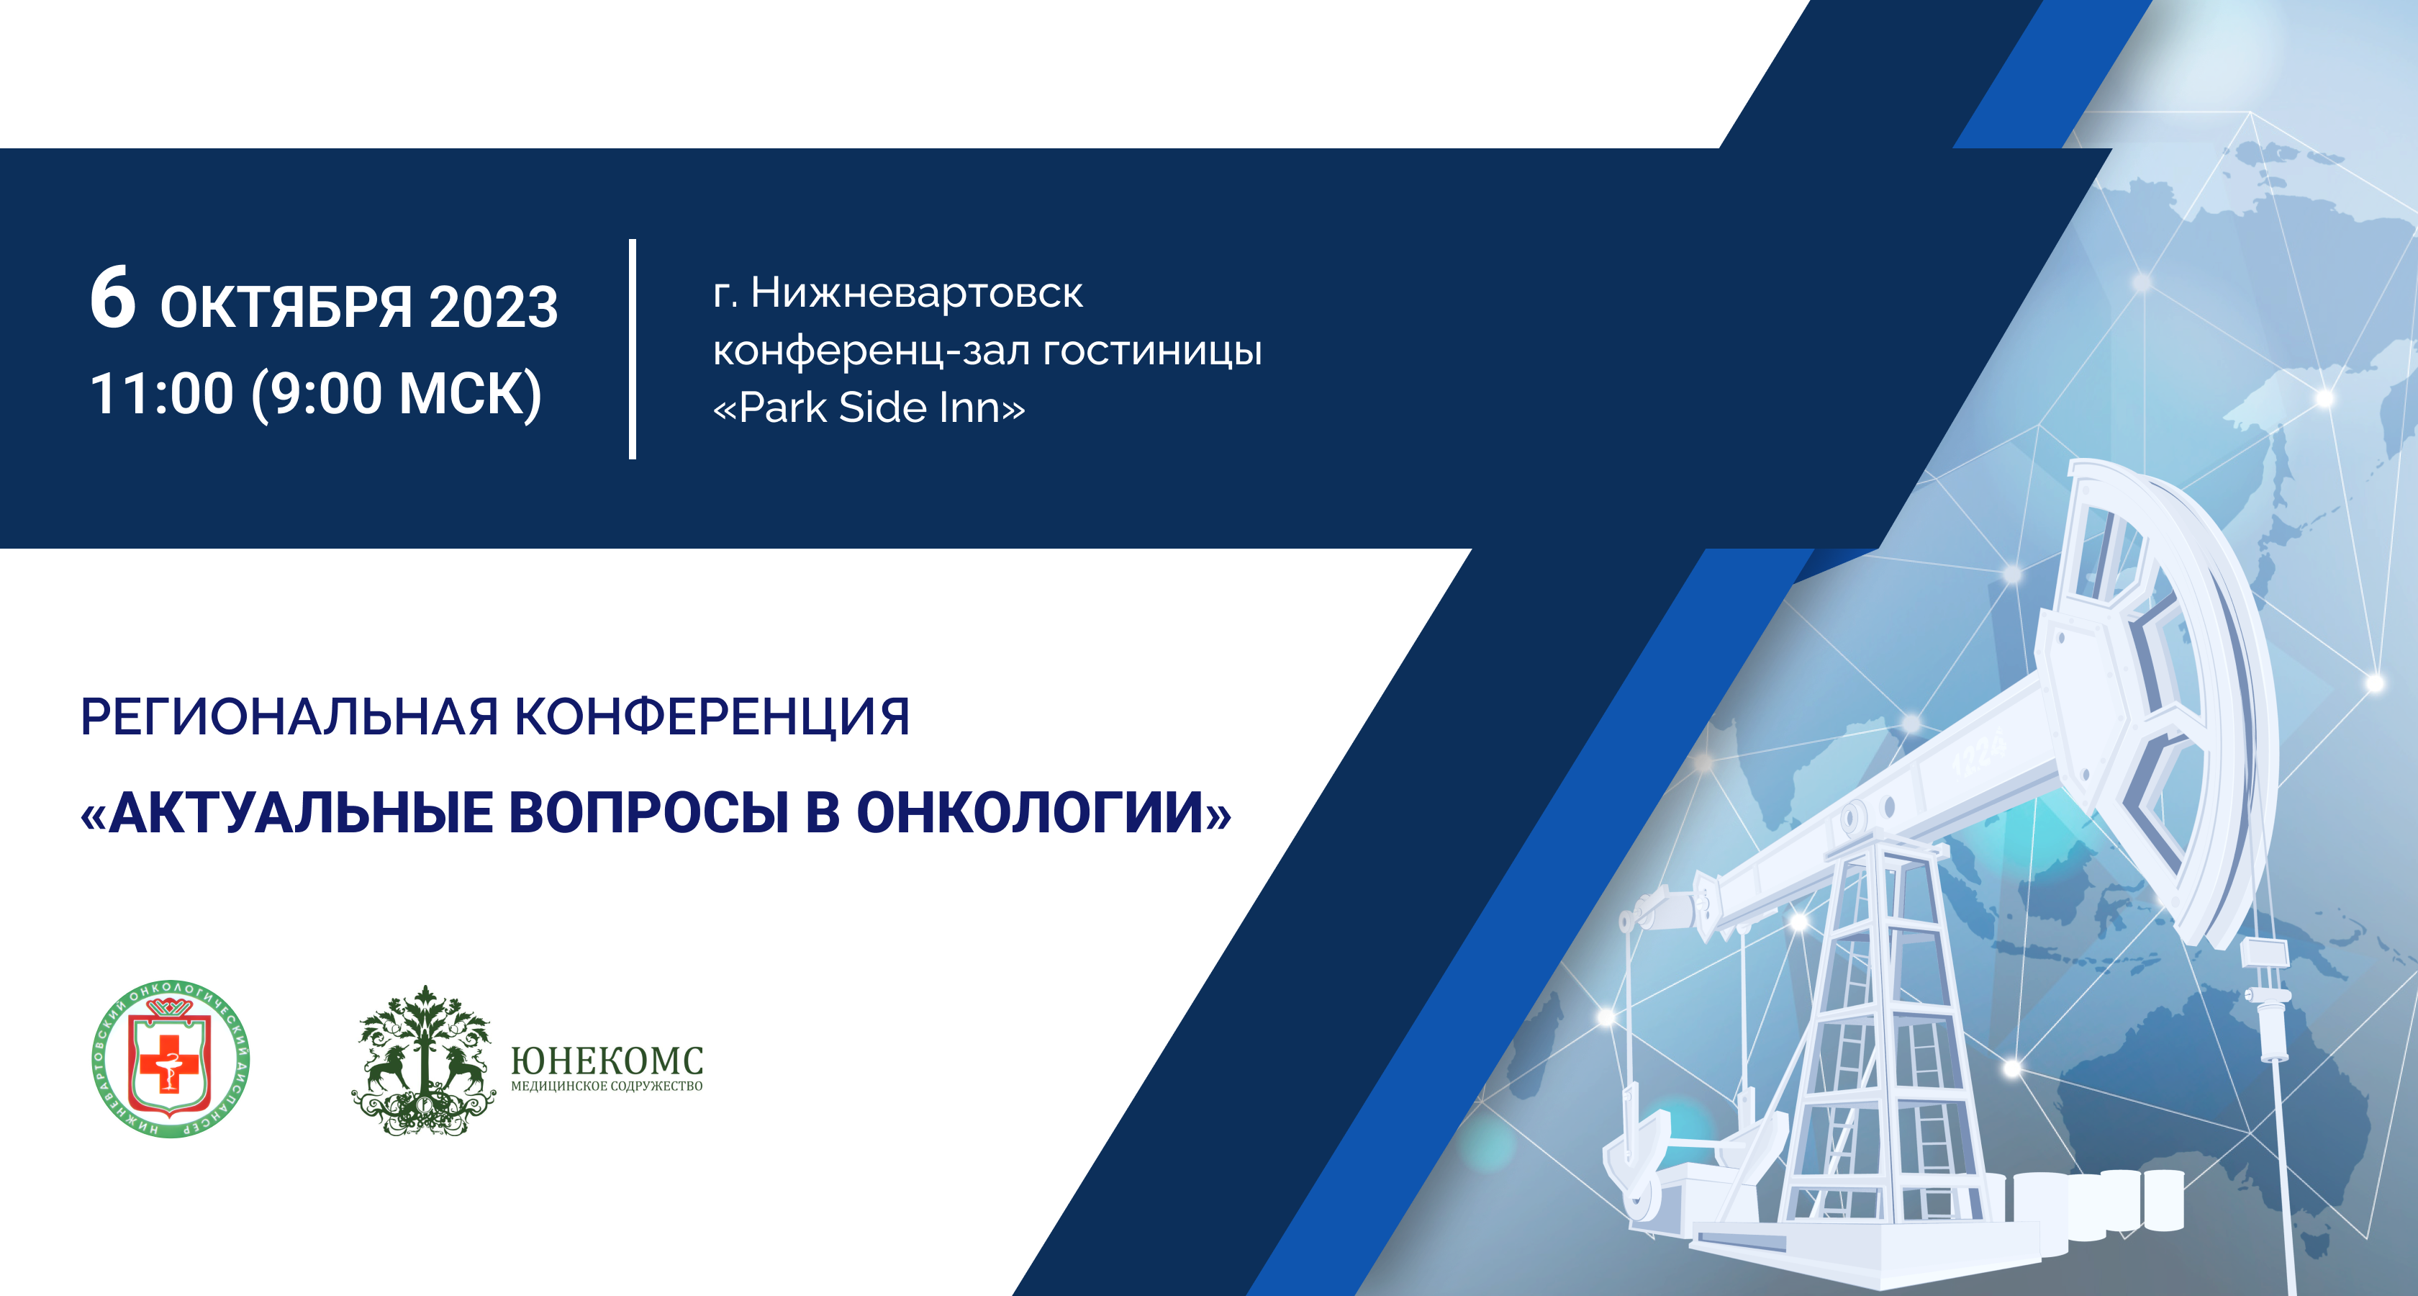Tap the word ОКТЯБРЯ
pos(286,307)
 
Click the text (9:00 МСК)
pos(396,395)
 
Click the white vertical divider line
pos(633,348)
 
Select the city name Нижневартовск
pos(916,293)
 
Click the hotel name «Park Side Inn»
pos(869,408)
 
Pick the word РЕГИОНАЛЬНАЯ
pos(289,718)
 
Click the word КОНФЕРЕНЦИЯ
pos(712,719)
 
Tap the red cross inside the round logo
pos(169,1062)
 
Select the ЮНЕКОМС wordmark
pos(607,1061)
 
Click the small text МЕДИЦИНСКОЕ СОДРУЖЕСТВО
pos(607,1086)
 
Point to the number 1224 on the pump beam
pos(1979,754)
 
